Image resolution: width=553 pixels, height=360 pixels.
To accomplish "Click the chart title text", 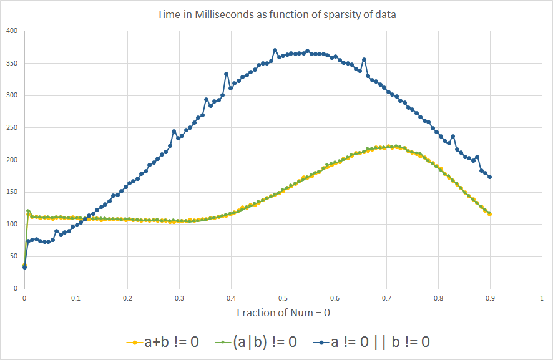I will pyautogui.click(x=276, y=14).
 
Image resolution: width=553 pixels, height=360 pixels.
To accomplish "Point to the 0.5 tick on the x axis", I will pyautogui.click(x=283, y=298).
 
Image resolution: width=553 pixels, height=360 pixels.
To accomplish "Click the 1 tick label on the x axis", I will pyautogui.click(x=541, y=298).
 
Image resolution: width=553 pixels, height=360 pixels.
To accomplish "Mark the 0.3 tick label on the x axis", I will pyautogui.click(x=179, y=298).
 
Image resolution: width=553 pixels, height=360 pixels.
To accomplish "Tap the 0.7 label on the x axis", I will pyautogui.click(x=386, y=298).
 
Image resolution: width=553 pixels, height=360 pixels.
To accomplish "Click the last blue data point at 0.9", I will pyautogui.click(x=490, y=177).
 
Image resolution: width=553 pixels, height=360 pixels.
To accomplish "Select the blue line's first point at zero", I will pyautogui.click(x=24, y=267).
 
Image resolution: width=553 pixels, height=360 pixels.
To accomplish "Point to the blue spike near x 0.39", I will pyautogui.click(x=226, y=74).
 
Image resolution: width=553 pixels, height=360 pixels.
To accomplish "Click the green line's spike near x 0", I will pyautogui.click(x=28, y=211).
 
